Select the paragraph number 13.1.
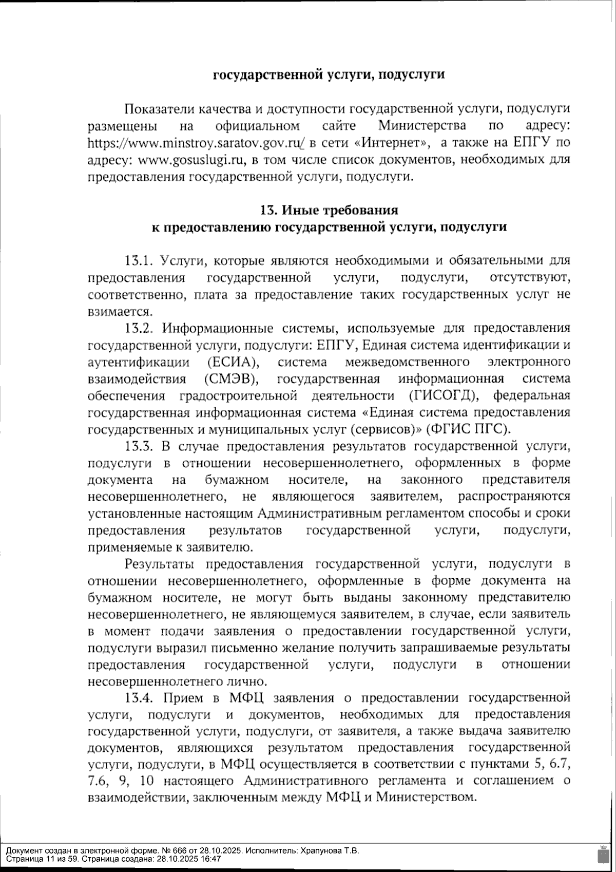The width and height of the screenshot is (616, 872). (x=139, y=261)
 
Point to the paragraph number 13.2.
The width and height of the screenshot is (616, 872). (x=140, y=328)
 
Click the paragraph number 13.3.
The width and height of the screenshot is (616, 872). (x=140, y=446)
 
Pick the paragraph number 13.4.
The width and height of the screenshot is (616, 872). (x=140, y=698)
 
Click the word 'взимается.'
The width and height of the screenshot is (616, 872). (x=120, y=312)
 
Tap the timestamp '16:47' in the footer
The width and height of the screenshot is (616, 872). (x=211, y=859)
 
